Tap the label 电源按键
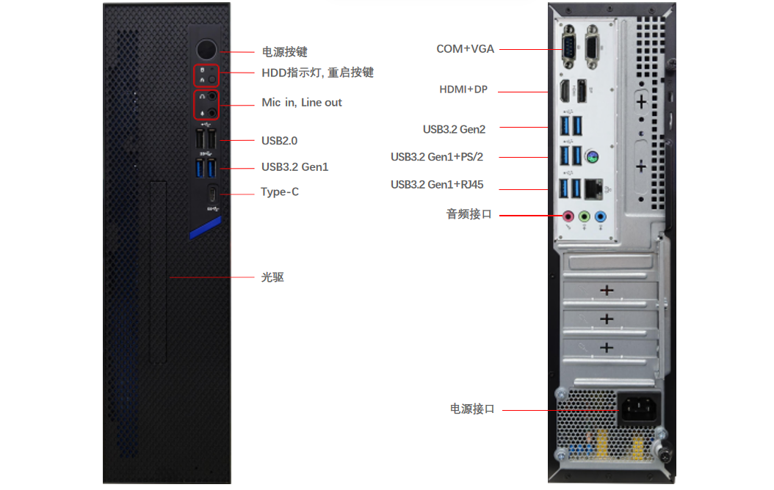pos(284,52)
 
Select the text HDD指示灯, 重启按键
pos(317,73)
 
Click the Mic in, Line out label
pos(302,103)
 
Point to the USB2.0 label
pos(279,140)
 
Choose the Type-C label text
pos(280,192)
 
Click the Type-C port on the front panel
pos(212,194)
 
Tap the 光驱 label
pos(272,277)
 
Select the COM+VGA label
pos(465,49)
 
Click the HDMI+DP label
pos(463,89)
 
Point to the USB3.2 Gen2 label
pos(454,129)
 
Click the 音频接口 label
pos(469,215)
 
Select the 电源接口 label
pos(472,409)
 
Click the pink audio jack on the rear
pos(568,216)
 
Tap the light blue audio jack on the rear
pos(601,216)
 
